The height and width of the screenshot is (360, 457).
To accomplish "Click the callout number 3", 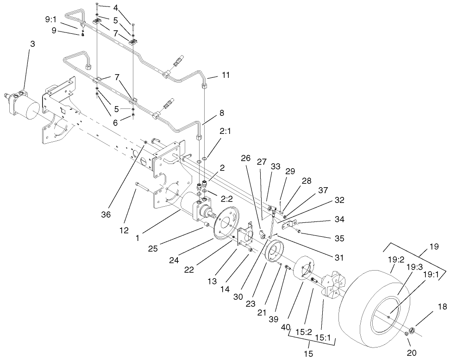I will point(32,44).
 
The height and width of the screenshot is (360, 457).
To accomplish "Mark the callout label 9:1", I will point(51,20).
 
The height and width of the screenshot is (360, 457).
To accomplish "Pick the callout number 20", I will point(411,353).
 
